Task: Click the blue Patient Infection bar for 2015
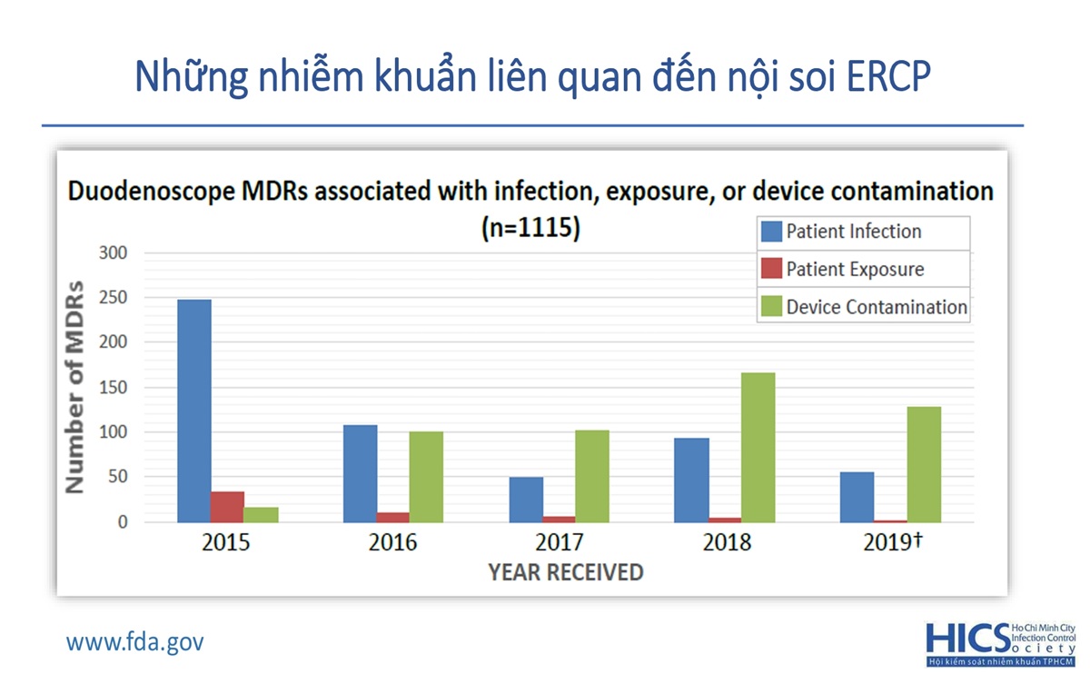point(194,411)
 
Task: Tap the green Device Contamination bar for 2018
point(758,447)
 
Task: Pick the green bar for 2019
point(924,464)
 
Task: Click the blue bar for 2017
point(526,500)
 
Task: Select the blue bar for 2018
point(692,480)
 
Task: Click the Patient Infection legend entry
point(853,232)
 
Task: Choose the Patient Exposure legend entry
point(855,269)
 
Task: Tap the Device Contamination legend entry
point(876,307)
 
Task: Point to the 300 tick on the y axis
point(114,253)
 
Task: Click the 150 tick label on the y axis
point(114,388)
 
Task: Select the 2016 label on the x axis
point(392,543)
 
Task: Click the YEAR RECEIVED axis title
point(566,572)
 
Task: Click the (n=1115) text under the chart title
point(530,228)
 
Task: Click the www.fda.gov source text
point(135,642)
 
